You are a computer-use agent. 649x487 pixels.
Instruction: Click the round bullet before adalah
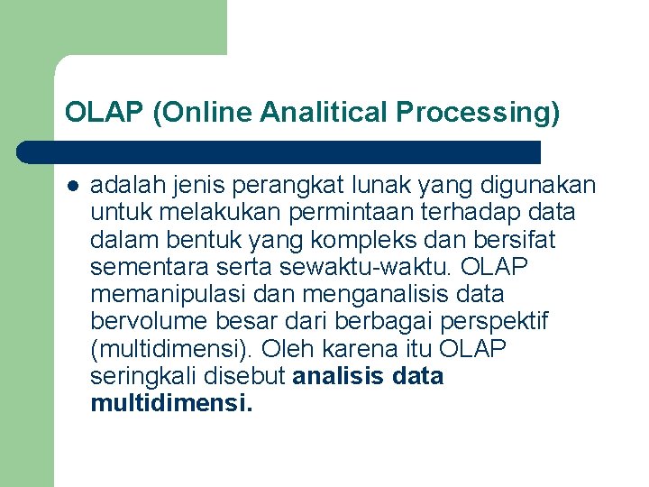point(72,187)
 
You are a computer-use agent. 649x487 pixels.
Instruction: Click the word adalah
point(123,186)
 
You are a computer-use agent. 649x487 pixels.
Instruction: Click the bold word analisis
point(339,375)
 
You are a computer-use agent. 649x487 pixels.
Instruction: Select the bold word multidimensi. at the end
point(171,402)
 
